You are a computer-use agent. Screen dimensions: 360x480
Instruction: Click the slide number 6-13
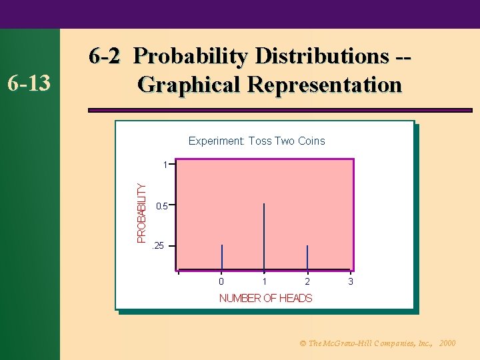coord(29,83)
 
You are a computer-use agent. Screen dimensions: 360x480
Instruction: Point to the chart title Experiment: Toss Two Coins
coord(257,141)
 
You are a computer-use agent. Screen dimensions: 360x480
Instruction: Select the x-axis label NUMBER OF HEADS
coord(265,298)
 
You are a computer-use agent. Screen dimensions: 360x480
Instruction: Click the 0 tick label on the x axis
coord(221,282)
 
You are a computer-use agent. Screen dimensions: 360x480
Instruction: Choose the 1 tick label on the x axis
coord(265,282)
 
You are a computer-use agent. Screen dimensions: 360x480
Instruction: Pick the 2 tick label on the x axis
coord(307,282)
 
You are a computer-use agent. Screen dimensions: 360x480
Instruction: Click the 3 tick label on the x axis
coord(351,282)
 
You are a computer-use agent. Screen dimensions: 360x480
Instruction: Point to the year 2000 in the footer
coord(448,343)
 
